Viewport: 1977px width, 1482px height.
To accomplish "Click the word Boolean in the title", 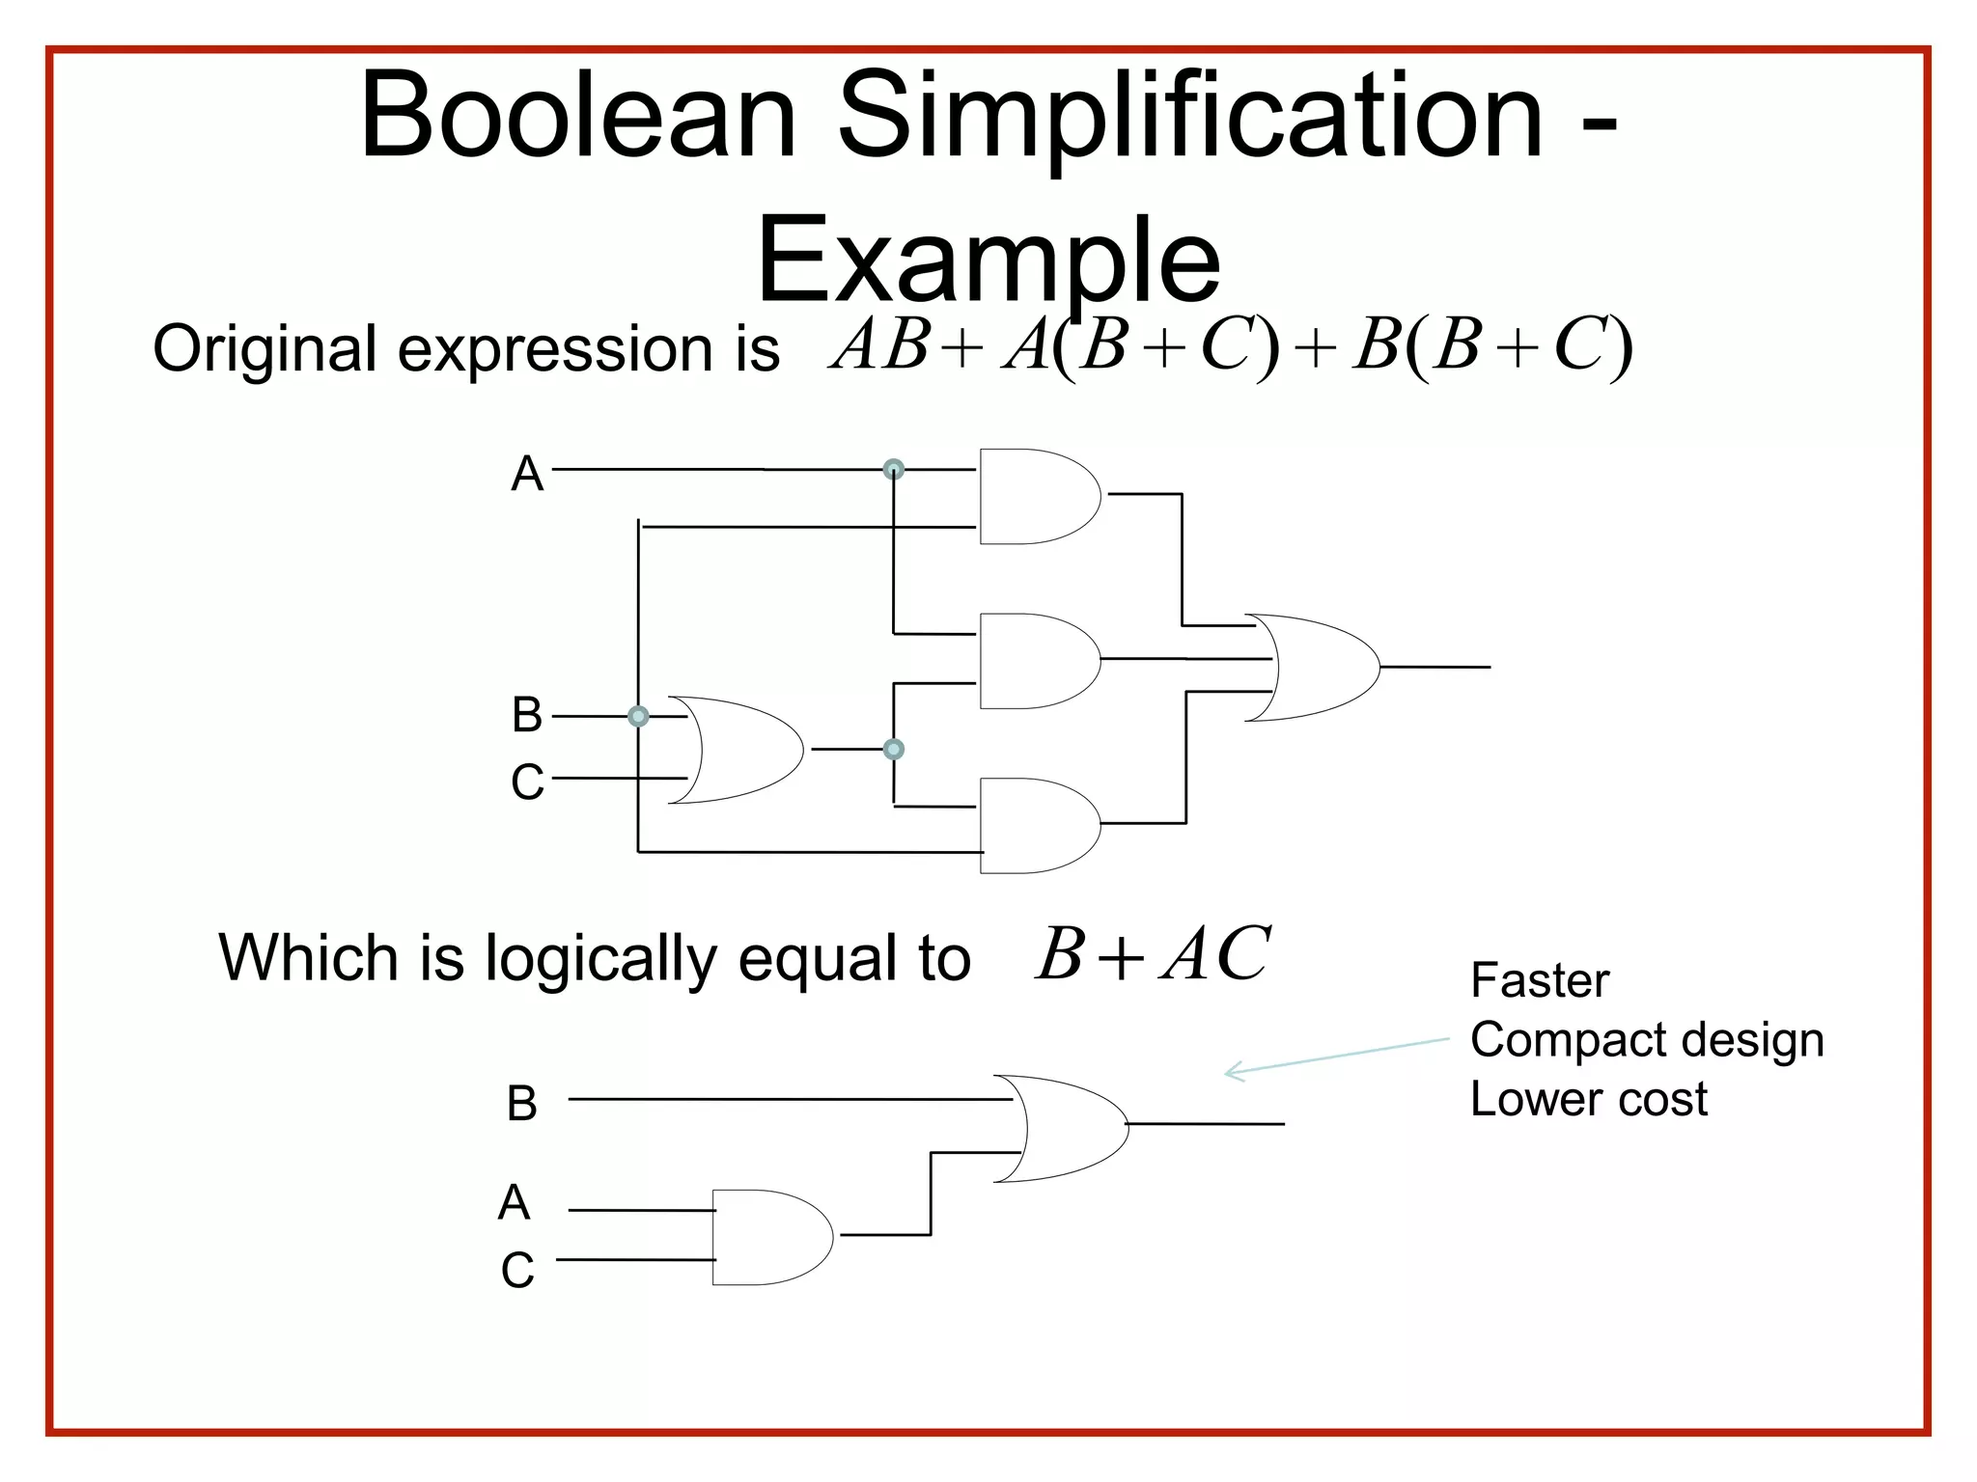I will point(577,116).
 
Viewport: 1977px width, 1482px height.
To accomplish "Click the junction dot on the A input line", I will point(894,470).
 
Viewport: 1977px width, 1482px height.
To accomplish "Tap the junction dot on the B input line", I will point(638,716).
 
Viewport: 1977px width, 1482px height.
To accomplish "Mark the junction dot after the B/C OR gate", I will point(894,749).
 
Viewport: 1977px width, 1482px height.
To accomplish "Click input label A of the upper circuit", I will point(527,474).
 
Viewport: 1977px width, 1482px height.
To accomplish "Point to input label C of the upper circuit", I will point(527,782).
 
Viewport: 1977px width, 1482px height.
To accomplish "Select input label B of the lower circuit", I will point(522,1103).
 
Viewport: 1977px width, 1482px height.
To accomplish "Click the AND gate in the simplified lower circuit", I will point(769,1237).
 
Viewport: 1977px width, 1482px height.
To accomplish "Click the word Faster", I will point(1540,981).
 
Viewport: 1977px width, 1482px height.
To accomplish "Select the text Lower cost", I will point(1588,1099).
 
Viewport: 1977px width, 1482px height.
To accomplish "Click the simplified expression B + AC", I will point(1153,955).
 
